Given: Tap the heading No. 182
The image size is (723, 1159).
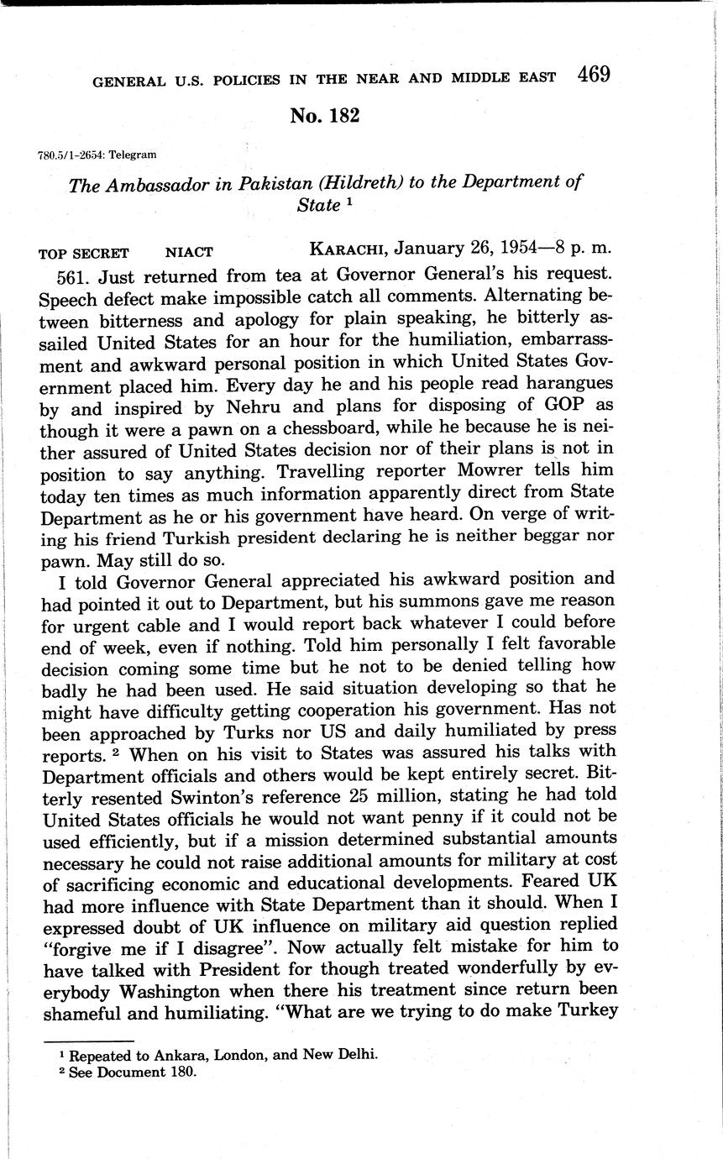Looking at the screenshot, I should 324,116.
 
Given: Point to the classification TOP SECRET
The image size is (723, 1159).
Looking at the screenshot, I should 84,252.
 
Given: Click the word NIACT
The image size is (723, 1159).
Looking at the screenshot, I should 189,252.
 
